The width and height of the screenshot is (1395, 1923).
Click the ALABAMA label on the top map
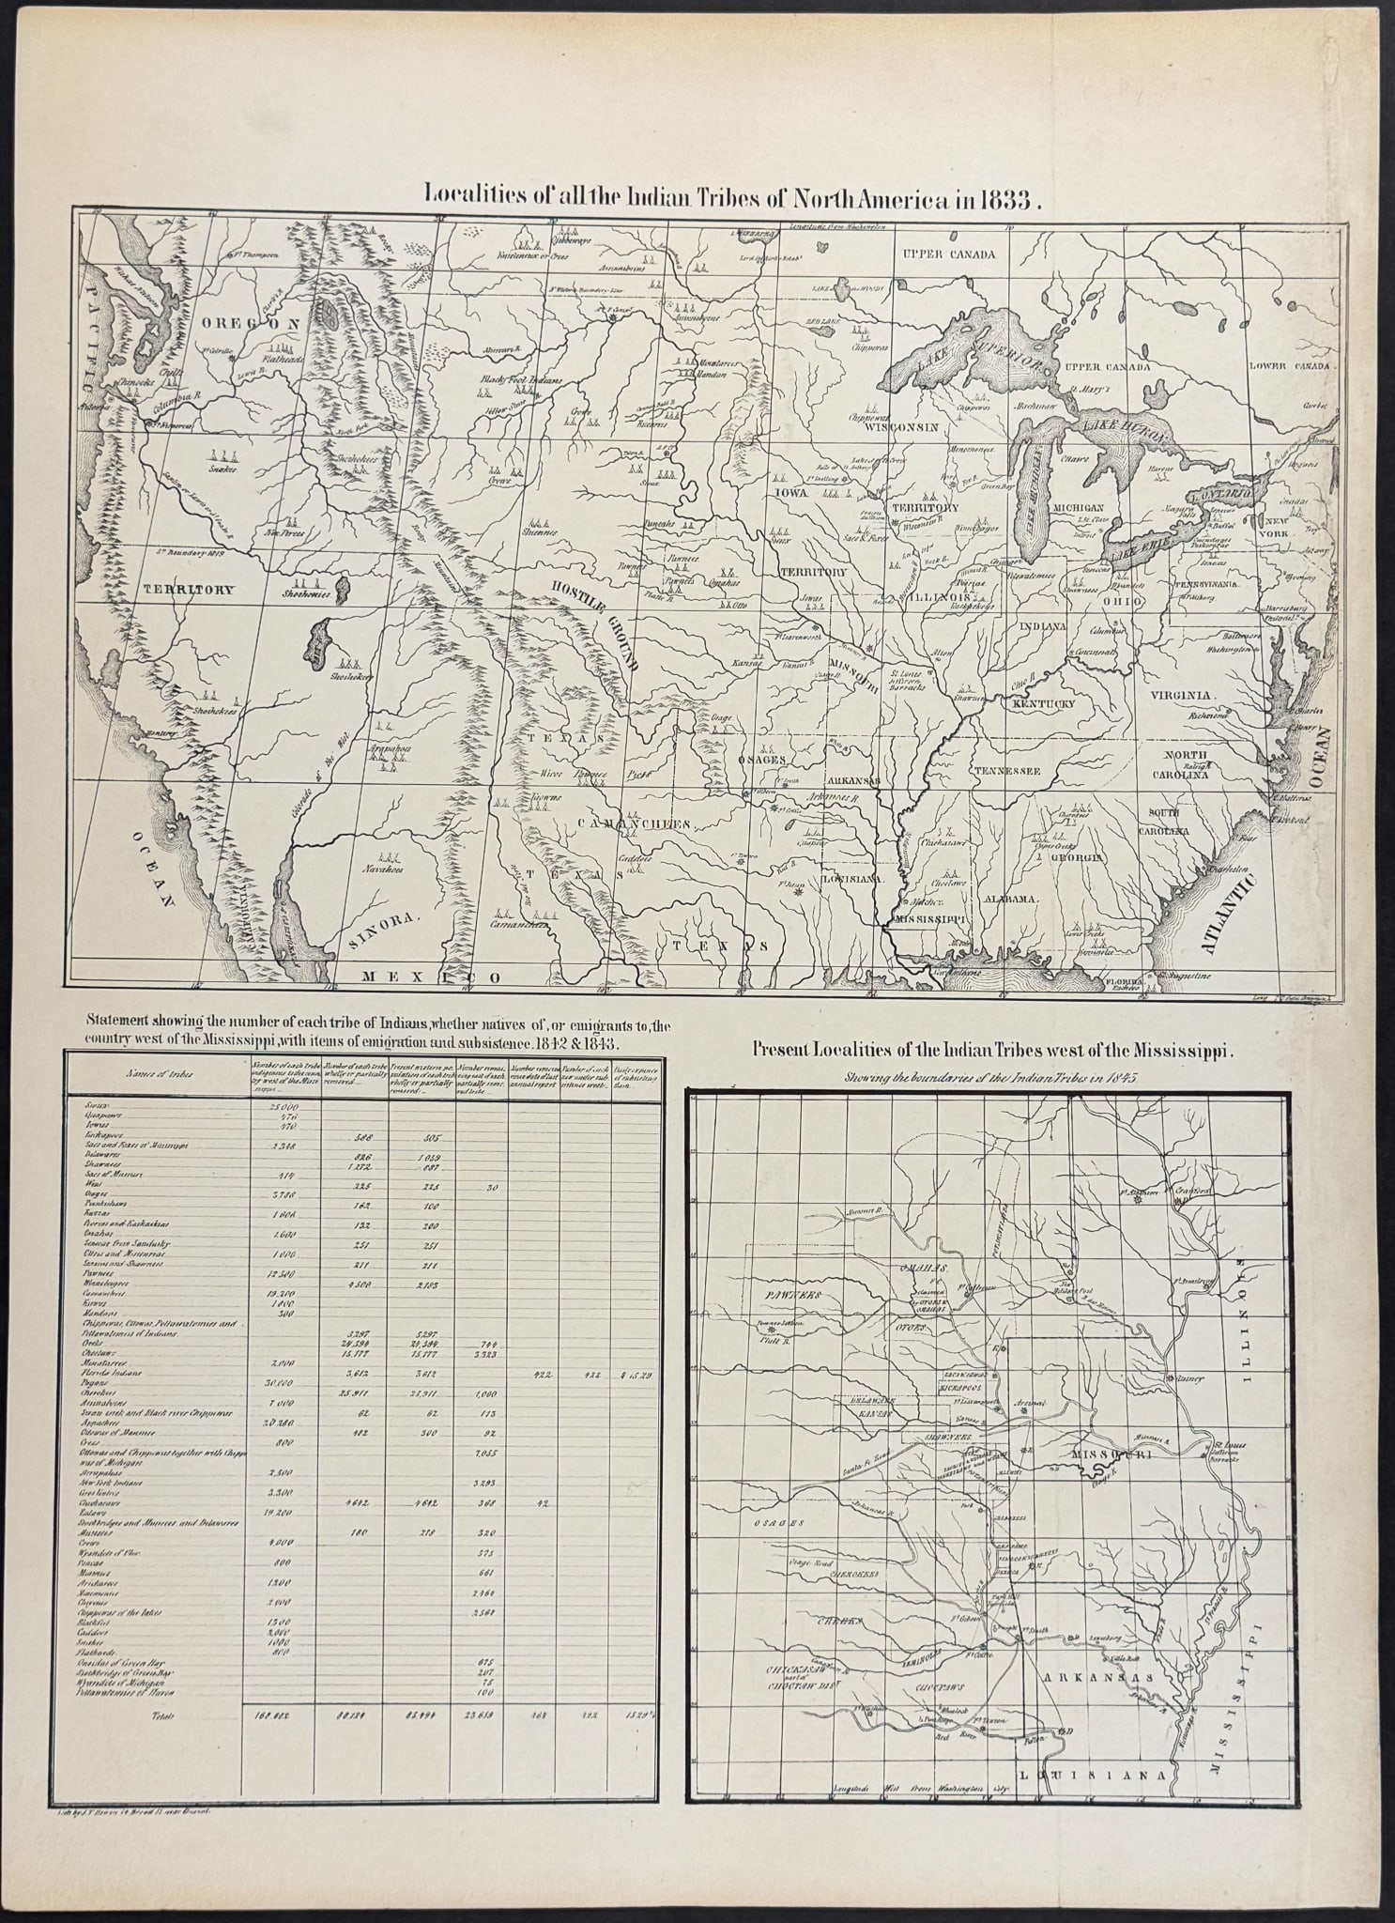[1010, 898]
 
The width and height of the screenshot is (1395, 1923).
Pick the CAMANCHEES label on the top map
[634, 824]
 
